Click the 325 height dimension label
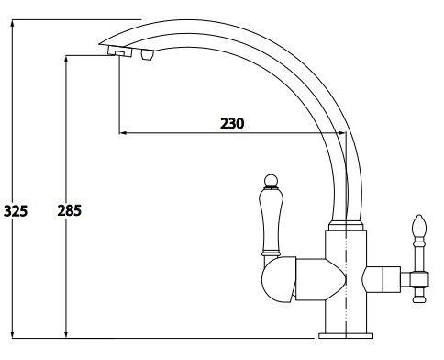point(16,211)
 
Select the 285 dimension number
point(70,210)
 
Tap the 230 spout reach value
point(232,123)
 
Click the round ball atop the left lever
point(271,181)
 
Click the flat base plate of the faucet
point(346,336)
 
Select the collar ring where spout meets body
point(346,225)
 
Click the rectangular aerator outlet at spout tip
point(119,51)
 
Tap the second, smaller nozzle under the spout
point(147,55)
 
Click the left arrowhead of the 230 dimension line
point(123,133)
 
